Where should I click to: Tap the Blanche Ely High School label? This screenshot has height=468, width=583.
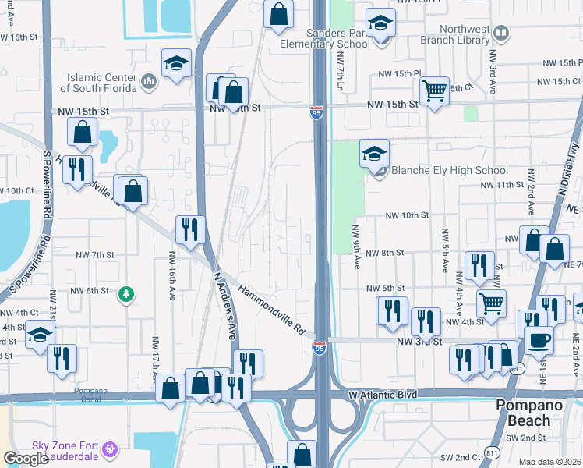pyautogui.click(x=449, y=170)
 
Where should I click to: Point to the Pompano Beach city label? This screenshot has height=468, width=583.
pyautogui.click(x=533, y=413)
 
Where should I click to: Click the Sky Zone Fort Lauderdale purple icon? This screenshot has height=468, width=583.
pyautogui.click(x=111, y=448)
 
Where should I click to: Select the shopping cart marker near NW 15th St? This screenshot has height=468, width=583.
pyautogui.click(x=434, y=90)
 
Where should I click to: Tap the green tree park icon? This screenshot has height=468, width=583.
pyautogui.click(x=125, y=294)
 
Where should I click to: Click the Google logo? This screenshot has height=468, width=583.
pyautogui.click(x=26, y=459)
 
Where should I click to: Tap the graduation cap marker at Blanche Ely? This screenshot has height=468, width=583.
pyautogui.click(x=375, y=154)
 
